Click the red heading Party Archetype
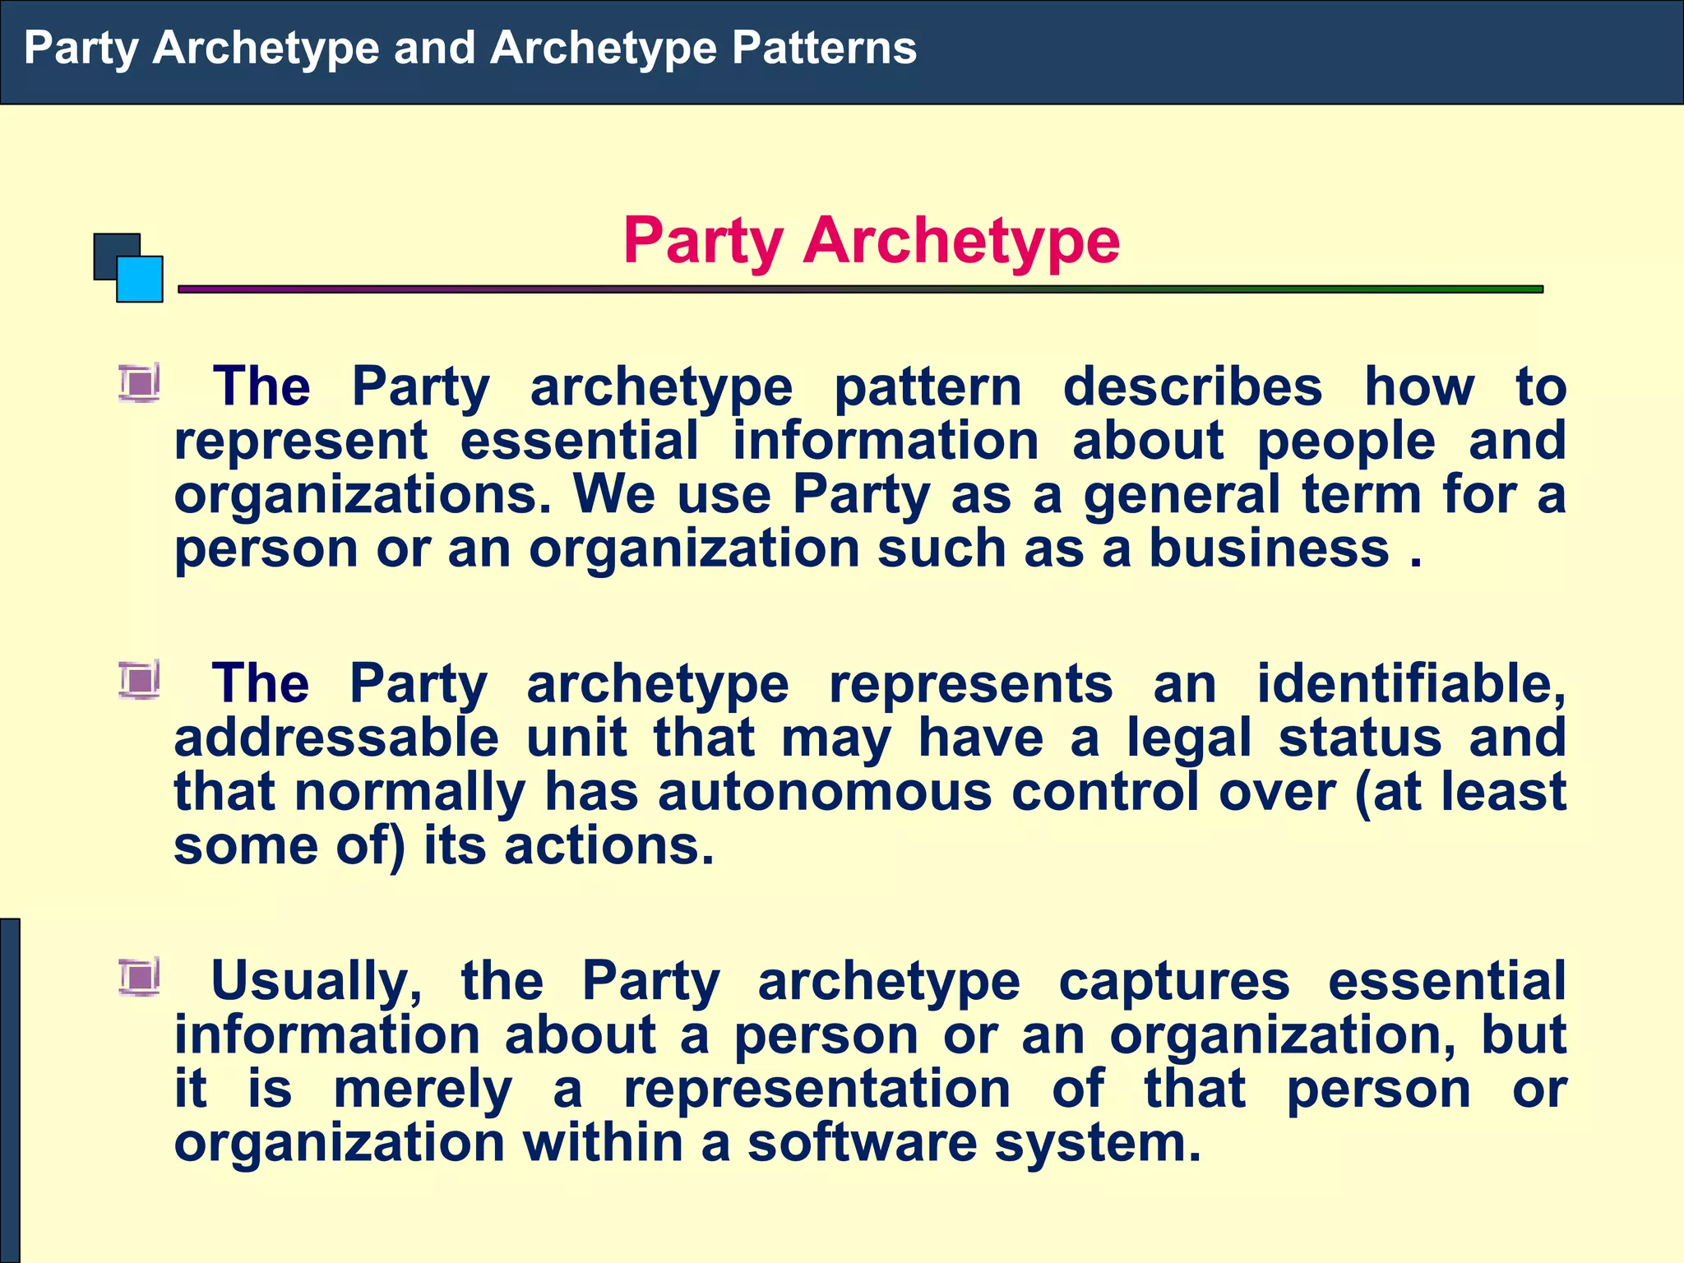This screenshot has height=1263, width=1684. click(x=871, y=240)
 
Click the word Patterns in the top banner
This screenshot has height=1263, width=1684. click(x=824, y=48)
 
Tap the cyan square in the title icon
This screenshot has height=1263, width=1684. click(x=140, y=280)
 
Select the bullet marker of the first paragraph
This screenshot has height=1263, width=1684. click(x=139, y=383)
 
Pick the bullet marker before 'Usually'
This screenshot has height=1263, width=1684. click(x=139, y=978)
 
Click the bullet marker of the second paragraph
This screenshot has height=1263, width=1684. click(x=139, y=681)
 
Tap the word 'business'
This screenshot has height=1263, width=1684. click(x=1269, y=548)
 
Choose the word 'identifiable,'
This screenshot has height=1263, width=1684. click(x=1411, y=683)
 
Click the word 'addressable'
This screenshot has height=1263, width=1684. click(x=336, y=738)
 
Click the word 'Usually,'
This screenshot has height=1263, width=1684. click(x=317, y=981)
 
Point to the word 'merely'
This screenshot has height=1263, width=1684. click(x=423, y=1090)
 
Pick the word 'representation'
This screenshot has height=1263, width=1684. click(x=817, y=1090)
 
